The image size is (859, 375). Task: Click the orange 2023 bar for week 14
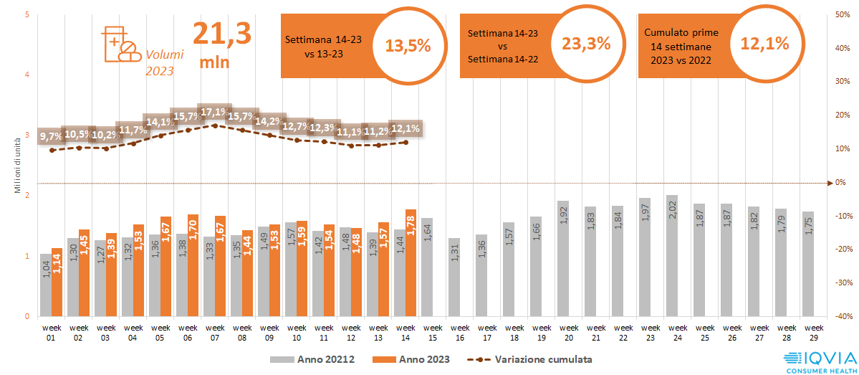411,262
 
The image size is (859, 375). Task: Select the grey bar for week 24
672,255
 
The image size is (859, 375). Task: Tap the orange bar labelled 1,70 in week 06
193,265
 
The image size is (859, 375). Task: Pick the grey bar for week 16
454,277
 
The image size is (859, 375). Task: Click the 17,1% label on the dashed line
214,113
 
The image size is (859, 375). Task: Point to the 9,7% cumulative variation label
52,136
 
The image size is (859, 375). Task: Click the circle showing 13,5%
408,45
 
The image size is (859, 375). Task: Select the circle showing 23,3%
586,42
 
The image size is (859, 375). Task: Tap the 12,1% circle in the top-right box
764,42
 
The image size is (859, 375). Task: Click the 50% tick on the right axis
844,15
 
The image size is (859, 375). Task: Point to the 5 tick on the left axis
27,15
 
